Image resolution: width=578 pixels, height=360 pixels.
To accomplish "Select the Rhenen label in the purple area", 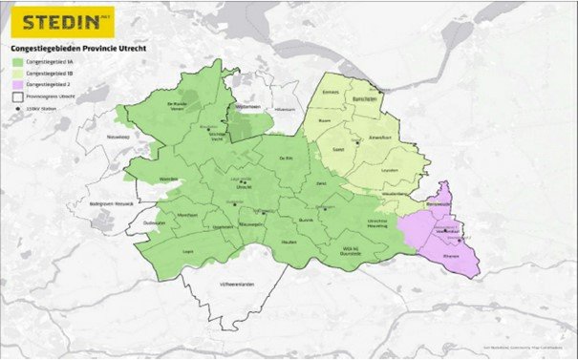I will pos(451,256).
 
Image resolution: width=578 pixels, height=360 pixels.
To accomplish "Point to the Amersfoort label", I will pos(379,138).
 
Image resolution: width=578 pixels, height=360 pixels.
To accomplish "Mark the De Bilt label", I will pos(286,158).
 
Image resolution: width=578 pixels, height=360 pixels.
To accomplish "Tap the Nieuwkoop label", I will pos(118,137).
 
